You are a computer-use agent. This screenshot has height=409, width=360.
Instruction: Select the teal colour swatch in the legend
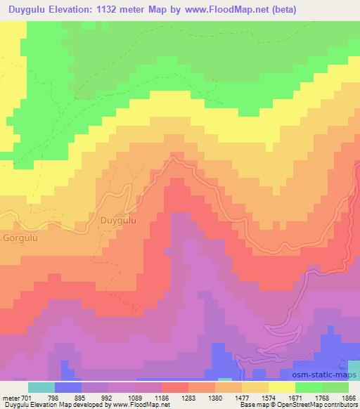(x=41, y=387)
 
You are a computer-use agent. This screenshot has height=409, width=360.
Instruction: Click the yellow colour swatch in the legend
(x=282, y=387)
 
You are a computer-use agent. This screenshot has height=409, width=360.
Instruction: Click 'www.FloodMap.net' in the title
(x=219, y=10)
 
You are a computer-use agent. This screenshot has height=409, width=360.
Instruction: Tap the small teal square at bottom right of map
(x=353, y=370)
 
